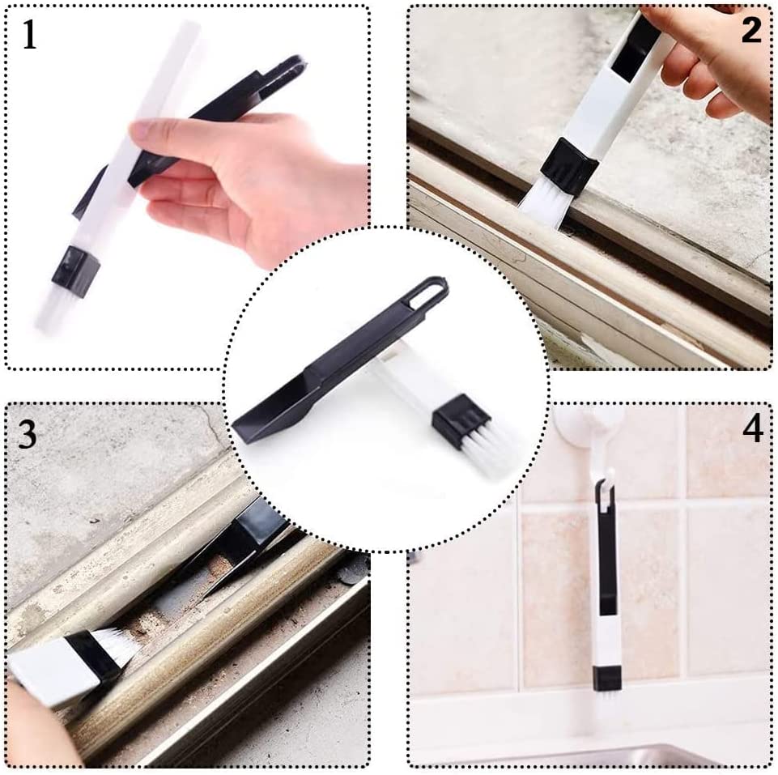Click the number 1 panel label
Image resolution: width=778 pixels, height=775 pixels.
point(30,35)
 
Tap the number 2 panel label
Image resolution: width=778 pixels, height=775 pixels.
point(750,30)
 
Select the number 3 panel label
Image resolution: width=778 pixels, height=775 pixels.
point(27,435)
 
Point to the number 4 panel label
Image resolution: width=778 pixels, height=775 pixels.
point(752,428)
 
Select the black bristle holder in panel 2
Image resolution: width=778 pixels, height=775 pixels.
point(572,166)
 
